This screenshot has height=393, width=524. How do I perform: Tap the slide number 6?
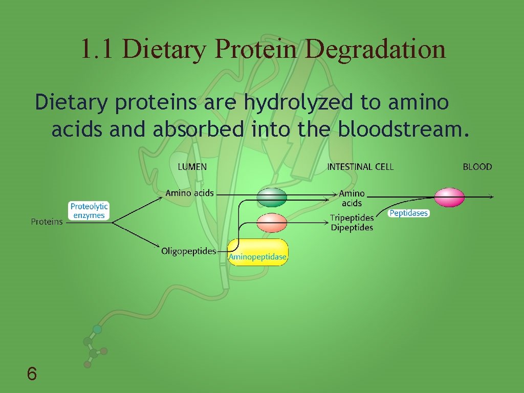(x=32, y=375)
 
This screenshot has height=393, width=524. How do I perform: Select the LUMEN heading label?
(x=192, y=167)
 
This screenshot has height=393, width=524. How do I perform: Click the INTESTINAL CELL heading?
(x=360, y=167)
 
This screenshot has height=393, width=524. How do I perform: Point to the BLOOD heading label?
(x=477, y=167)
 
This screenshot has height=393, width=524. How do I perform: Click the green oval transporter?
(x=272, y=197)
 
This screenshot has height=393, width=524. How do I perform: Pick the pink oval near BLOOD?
(x=449, y=198)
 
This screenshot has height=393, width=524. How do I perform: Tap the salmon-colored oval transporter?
(x=272, y=223)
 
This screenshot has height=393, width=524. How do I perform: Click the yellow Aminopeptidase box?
(x=257, y=252)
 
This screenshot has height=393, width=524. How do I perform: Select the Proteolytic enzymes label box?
(x=89, y=211)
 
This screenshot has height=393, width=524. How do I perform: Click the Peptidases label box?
(x=408, y=213)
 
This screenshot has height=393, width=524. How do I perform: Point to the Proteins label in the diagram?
(x=47, y=222)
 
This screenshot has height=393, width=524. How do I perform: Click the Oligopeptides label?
(x=188, y=251)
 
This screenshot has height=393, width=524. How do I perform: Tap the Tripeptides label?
(x=352, y=218)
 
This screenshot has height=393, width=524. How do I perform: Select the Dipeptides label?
(x=352, y=228)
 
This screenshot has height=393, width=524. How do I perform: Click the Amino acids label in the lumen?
(x=189, y=193)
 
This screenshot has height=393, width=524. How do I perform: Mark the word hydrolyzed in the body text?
(x=298, y=103)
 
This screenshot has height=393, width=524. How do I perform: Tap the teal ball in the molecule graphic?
(x=97, y=330)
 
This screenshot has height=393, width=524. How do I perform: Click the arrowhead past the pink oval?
(x=491, y=197)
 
